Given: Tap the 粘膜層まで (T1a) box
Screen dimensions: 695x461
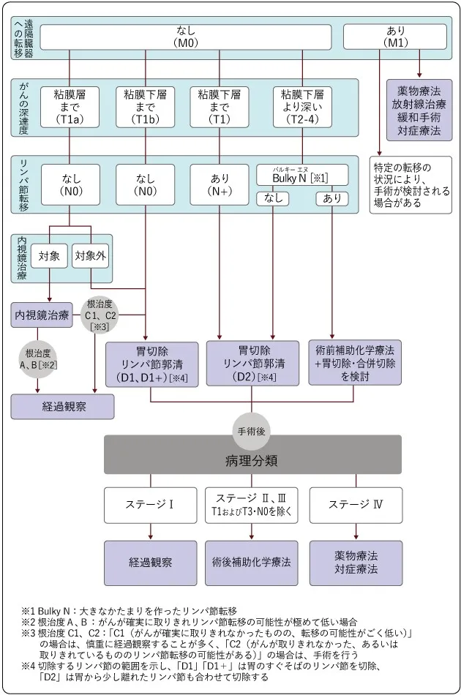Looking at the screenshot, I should tap(70, 106).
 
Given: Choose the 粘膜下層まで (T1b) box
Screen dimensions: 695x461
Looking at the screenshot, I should tap(145, 106).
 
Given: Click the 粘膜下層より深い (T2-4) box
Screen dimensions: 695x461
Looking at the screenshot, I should tap(302, 106).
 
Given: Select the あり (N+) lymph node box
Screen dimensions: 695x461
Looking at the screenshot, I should tap(220, 183).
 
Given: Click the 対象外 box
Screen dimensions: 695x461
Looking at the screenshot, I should tap(89, 256).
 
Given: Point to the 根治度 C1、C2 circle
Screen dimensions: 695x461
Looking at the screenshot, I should tap(99, 315).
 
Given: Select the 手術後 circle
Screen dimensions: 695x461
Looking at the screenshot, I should tap(251, 432).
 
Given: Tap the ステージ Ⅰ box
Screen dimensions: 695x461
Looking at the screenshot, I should tap(151, 504).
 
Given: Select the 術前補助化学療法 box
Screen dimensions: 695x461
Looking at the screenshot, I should tap(355, 363).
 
